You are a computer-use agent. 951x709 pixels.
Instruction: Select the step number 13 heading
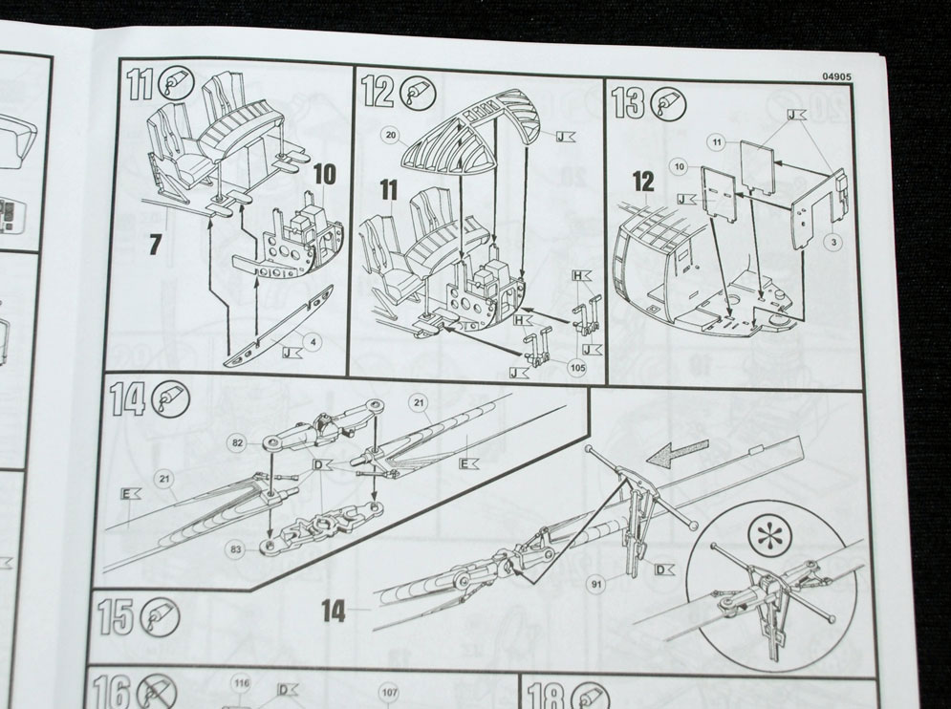point(630,100)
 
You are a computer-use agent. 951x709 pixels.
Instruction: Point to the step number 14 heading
point(128,399)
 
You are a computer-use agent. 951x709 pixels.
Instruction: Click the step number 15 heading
point(117,618)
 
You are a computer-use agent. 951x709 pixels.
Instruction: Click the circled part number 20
point(390,136)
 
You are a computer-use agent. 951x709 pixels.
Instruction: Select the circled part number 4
point(303,340)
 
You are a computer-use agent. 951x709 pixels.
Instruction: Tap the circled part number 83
point(235,548)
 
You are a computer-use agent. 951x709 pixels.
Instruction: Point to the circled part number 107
point(388,693)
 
